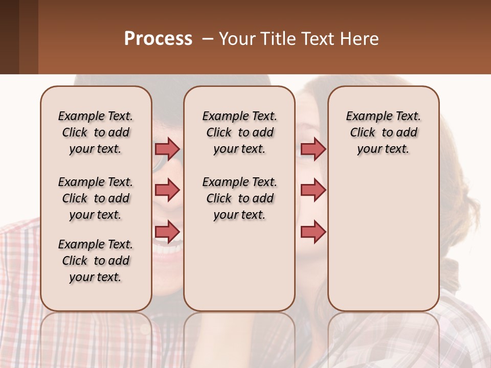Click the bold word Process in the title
(158, 39)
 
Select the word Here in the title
(360, 39)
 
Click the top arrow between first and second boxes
(167, 149)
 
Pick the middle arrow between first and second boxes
(167, 190)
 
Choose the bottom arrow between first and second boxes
(167, 232)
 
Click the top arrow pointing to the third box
(313, 149)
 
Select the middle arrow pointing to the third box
(313, 190)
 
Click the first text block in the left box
(96, 132)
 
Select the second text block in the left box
(96, 198)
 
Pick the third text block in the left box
(96, 261)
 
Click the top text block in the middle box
(239, 132)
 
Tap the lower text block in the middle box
(239, 198)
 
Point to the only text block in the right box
(383, 132)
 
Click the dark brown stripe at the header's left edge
(9, 37)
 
